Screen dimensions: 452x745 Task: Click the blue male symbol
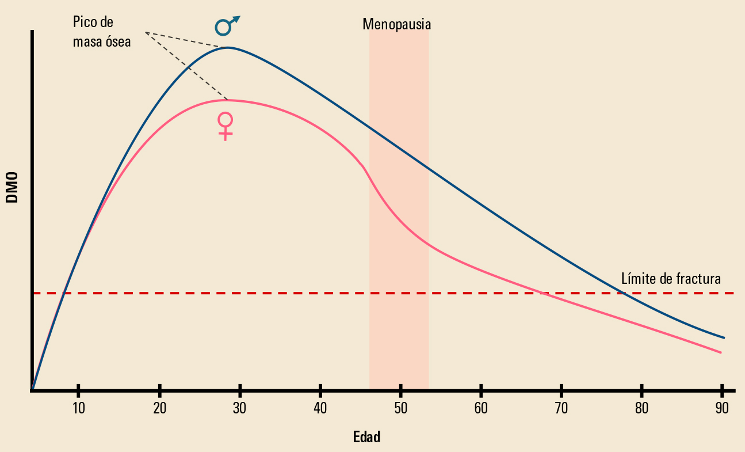[x=226, y=26]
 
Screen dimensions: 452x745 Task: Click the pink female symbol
[x=226, y=126]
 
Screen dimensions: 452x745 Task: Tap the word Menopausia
[x=396, y=24]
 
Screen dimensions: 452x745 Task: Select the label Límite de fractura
[x=671, y=279]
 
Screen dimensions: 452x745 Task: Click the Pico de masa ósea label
[x=102, y=32]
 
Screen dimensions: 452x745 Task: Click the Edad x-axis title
[x=366, y=437]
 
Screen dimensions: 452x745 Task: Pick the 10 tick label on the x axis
[x=78, y=408]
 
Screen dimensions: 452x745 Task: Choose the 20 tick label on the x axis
[x=159, y=408]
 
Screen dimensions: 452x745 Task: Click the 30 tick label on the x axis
[x=240, y=408]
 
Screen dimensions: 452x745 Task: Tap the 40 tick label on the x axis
[x=320, y=408]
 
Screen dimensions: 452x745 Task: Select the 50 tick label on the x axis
[x=400, y=408]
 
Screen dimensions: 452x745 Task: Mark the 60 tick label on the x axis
[x=481, y=408]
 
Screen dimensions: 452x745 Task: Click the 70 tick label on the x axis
[x=561, y=408]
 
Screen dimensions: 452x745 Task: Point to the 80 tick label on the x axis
[x=641, y=408]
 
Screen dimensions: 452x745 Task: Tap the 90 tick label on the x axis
[x=721, y=408]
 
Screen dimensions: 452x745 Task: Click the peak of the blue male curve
[x=228, y=47]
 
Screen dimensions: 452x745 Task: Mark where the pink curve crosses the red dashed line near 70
[x=541, y=293]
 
